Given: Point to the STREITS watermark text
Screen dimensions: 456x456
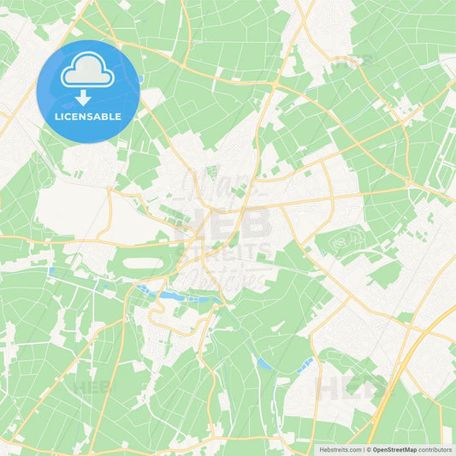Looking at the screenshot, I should click(x=224, y=254).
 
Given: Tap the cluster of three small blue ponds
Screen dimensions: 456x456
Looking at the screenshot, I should click(x=304, y=364).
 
